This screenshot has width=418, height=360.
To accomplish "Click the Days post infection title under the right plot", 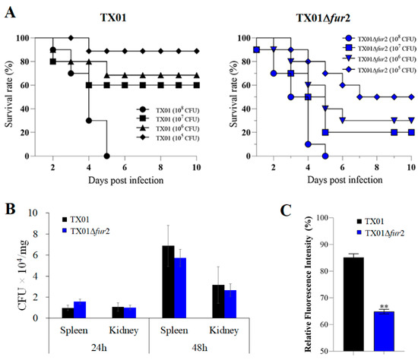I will [333, 181].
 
